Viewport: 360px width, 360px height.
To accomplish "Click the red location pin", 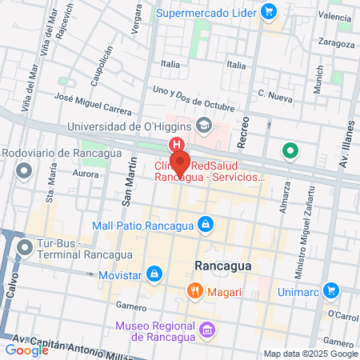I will coord(180,162).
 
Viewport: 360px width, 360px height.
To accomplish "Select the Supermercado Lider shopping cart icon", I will coord(268,13).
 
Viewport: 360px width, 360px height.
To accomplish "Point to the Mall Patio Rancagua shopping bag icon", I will coord(206,223).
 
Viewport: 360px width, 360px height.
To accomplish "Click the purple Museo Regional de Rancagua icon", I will coord(206,329).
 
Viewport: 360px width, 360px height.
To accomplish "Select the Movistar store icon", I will coord(158,275).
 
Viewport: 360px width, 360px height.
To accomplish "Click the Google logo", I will coord(26,350).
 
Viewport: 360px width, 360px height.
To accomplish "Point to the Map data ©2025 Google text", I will coord(310,354).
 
